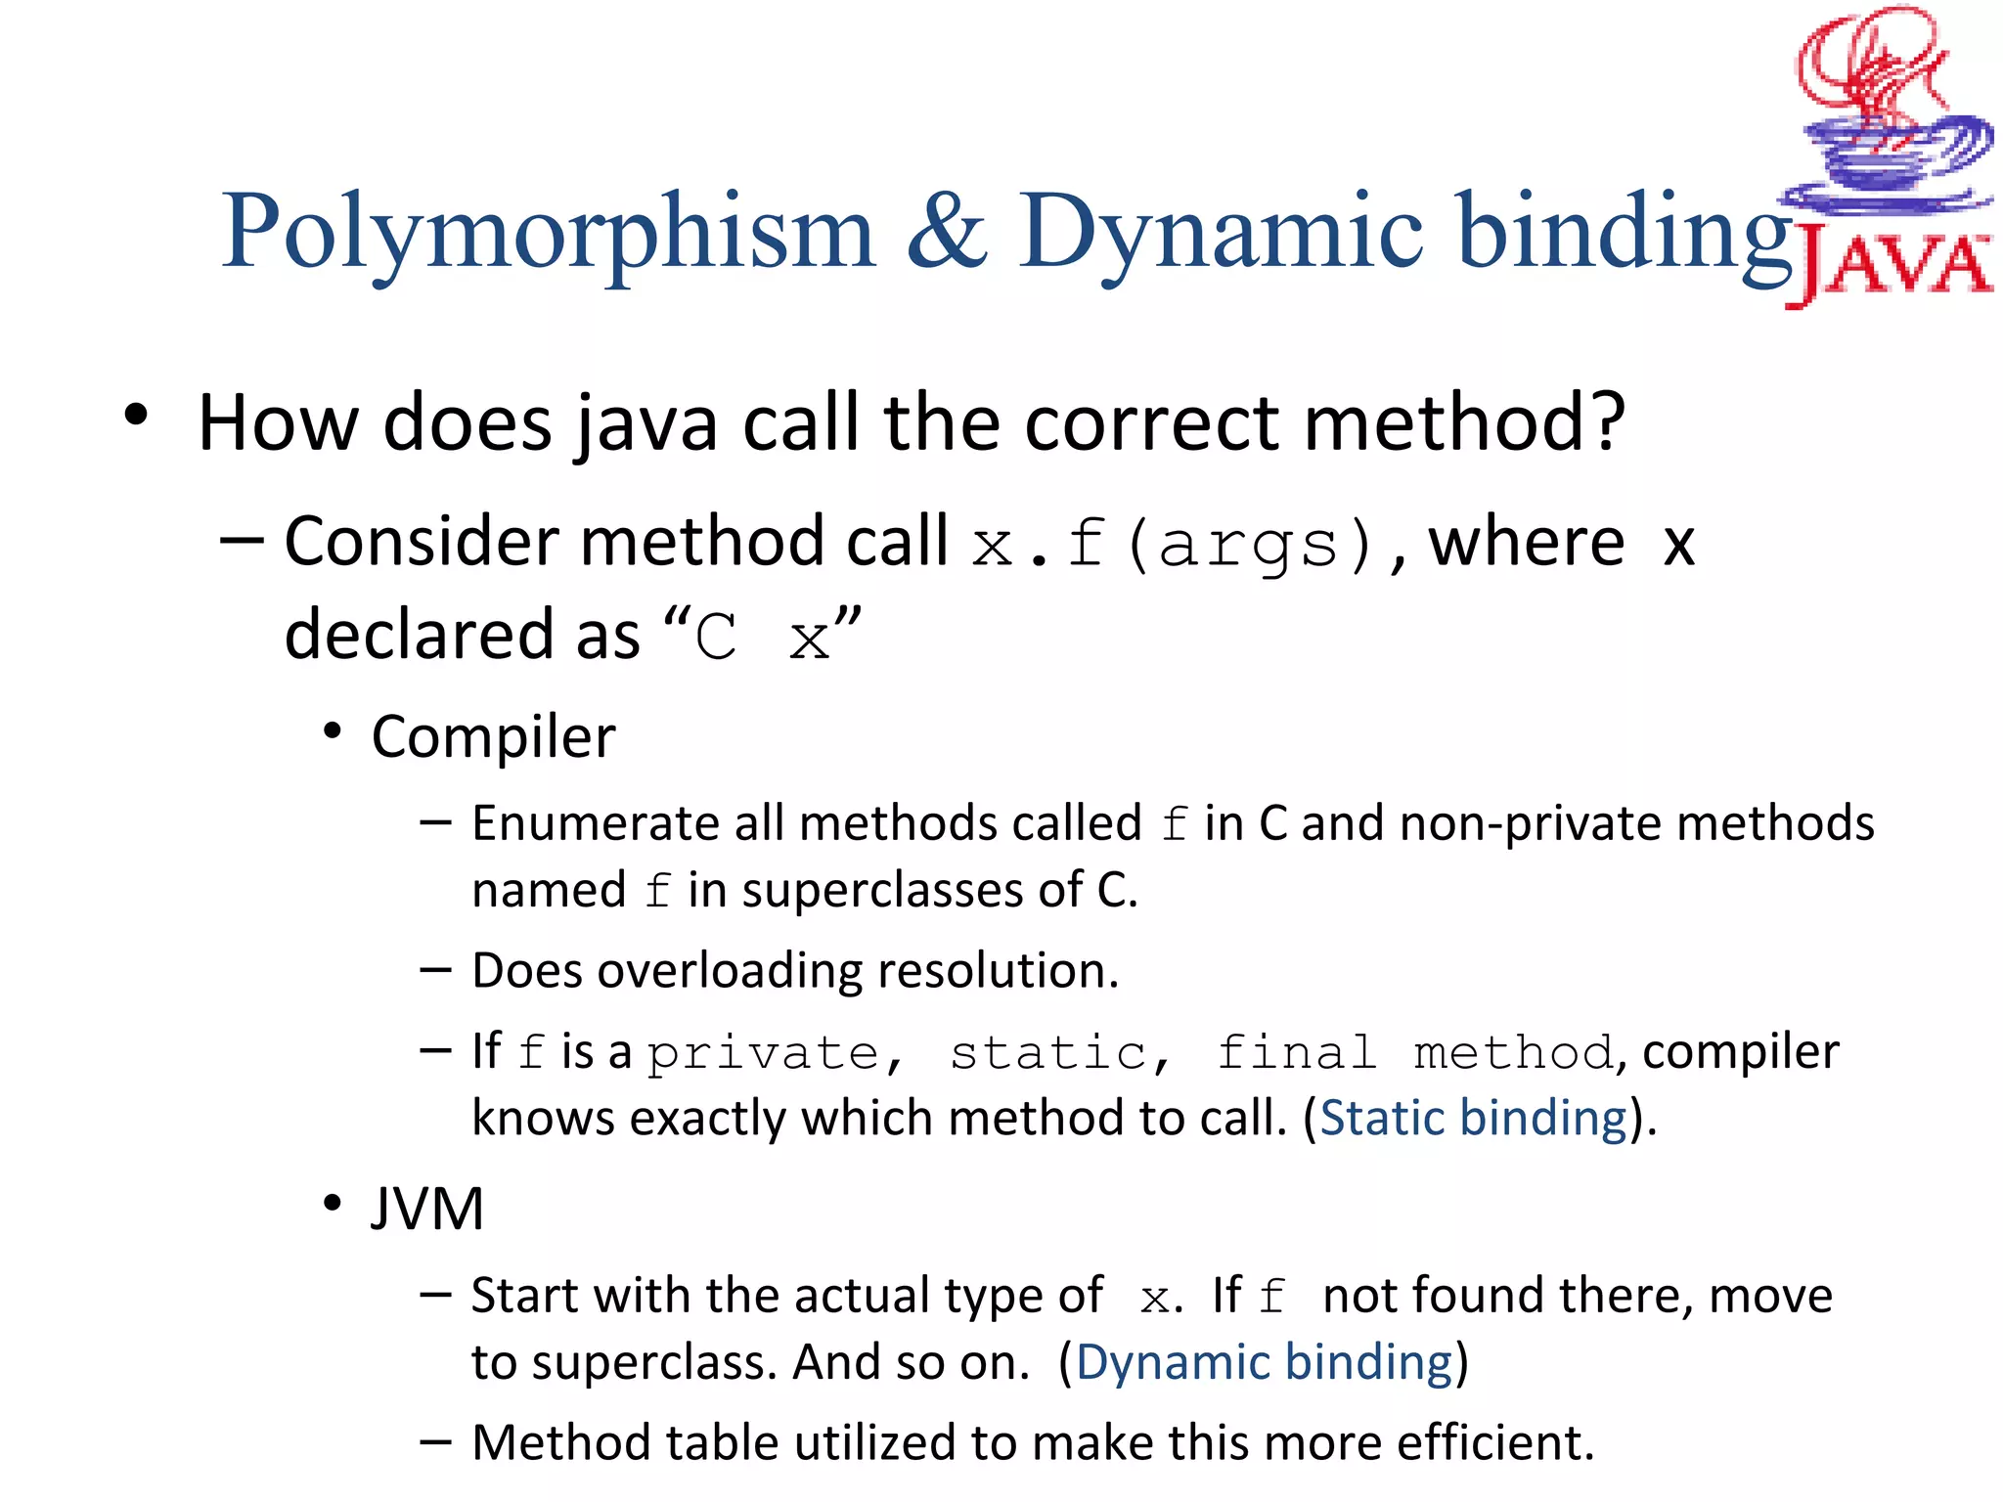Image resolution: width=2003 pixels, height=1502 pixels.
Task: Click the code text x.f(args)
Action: pyautogui.click(x=1174, y=544)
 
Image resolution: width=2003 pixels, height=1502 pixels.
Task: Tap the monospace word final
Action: pyautogui.click(x=1297, y=1054)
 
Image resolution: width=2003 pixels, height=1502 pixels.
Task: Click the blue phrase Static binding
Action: pyautogui.click(x=1473, y=1118)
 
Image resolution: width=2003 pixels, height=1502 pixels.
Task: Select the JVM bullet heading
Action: pyautogui.click(x=427, y=1209)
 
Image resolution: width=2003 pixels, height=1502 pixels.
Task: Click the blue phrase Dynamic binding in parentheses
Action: pyautogui.click(x=1264, y=1362)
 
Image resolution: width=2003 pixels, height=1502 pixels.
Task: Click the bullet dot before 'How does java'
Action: pyautogui.click(x=136, y=416)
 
